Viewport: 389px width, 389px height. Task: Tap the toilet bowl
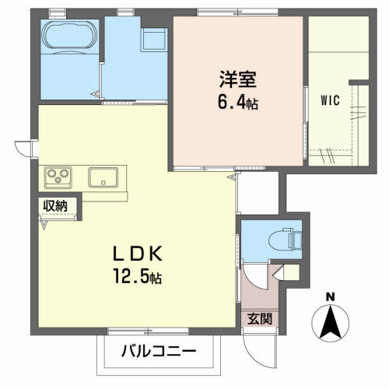(x=286, y=239)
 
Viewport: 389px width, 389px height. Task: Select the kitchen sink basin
(x=103, y=177)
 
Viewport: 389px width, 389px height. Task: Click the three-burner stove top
(x=58, y=177)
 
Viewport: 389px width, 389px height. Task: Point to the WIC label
(x=330, y=100)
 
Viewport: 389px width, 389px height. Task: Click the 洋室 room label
(x=238, y=79)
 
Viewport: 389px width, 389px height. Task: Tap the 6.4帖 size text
(x=238, y=103)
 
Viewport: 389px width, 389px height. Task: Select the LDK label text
(x=138, y=254)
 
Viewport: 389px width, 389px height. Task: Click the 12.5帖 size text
(x=138, y=276)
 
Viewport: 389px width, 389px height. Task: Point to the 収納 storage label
(x=55, y=206)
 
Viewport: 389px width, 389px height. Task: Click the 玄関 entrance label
(x=260, y=319)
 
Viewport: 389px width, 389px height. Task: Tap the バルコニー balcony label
(x=159, y=352)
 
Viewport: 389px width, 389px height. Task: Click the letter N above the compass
(x=330, y=297)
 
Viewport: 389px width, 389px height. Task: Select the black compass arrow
(x=331, y=322)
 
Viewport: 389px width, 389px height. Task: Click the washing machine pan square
(x=154, y=40)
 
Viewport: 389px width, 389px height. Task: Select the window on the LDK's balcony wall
(x=148, y=331)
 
